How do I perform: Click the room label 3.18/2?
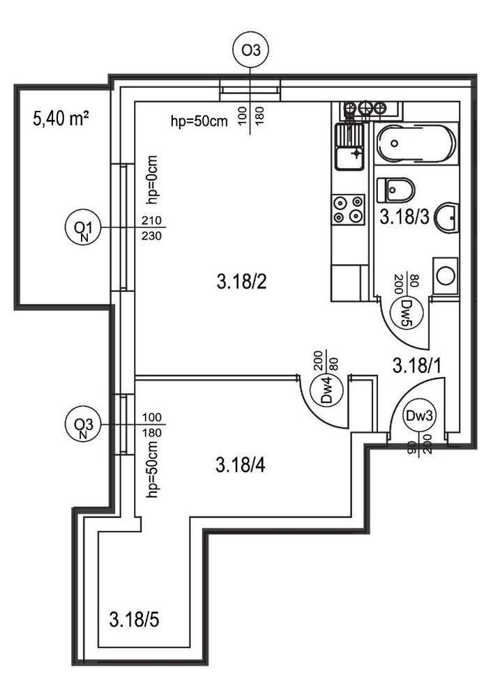pos(241,282)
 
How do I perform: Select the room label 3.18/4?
pos(241,464)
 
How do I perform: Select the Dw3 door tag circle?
pos(420,416)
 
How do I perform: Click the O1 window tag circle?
pos(83,228)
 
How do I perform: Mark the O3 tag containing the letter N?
pos(83,425)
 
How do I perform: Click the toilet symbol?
pos(396,188)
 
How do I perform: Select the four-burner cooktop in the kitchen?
pos(349,210)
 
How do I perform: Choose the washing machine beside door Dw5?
pos(445,276)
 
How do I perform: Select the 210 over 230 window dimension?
pos(151,228)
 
